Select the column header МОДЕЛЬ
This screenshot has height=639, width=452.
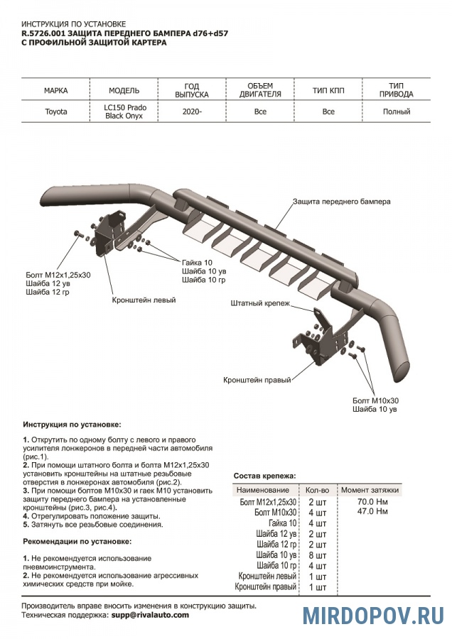coord(124,91)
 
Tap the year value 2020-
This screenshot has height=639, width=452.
coord(191,111)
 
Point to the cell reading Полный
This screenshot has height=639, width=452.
coord(396,111)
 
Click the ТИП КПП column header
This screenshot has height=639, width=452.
coord(328,91)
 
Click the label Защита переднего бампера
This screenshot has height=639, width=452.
coord(341,202)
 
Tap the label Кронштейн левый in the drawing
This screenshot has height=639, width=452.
coord(144,300)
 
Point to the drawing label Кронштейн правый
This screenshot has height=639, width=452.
coord(257,380)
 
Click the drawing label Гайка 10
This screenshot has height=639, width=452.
coord(197,263)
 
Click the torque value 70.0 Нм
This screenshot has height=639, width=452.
coord(372,502)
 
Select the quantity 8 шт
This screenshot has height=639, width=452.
coord(316,555)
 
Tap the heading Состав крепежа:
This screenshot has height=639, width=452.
coord(265,476)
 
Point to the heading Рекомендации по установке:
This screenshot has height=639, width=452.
coord(72,542)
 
